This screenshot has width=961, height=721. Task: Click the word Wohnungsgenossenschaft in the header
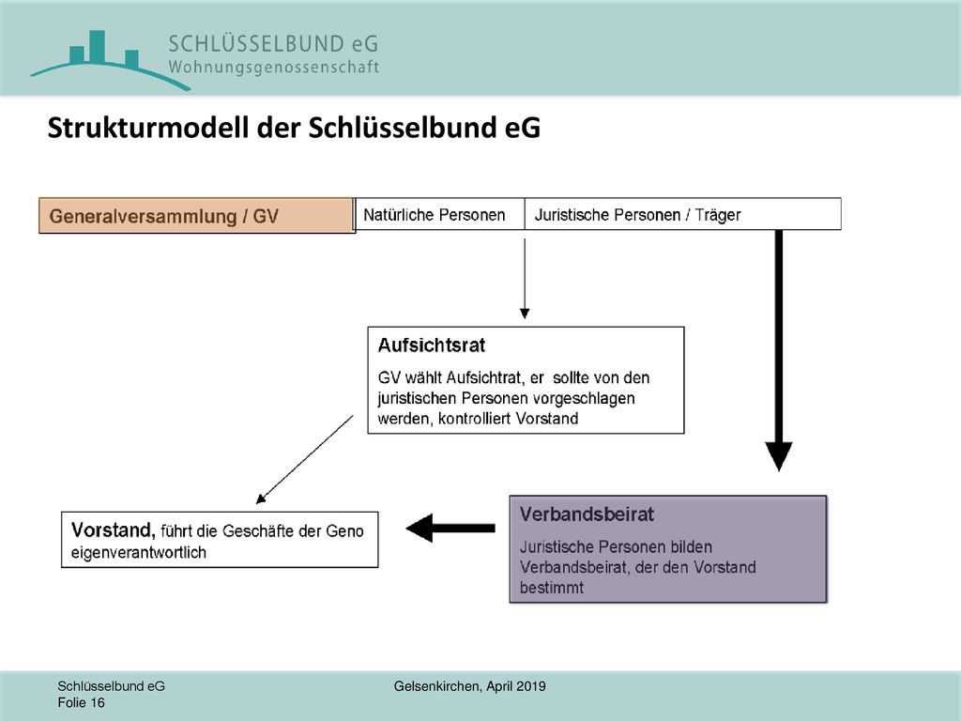pos(274,67)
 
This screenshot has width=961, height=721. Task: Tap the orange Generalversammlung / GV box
pos(197,216)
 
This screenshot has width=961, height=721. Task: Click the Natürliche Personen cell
pos(439,215)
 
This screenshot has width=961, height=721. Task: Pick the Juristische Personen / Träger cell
pos(683,215)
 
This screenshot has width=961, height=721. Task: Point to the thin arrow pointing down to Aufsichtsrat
pos(525,278)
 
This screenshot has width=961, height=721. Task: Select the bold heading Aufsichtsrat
pos(432,345)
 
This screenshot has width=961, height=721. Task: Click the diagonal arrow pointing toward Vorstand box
pos(305,459)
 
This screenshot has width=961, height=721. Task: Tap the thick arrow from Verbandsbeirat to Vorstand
pos(450,528)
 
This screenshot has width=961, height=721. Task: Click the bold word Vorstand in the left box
pos(113,529)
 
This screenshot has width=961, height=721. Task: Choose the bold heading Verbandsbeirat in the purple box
pos(587,514)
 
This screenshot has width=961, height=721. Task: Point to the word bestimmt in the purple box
pos(552,588)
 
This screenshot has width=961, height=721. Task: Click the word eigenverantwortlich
pos(139,552)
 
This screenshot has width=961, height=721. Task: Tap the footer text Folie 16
pos(81,702)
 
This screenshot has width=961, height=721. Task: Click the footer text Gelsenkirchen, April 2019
pos(470,686)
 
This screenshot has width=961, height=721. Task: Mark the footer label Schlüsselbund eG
pos(111,686)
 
